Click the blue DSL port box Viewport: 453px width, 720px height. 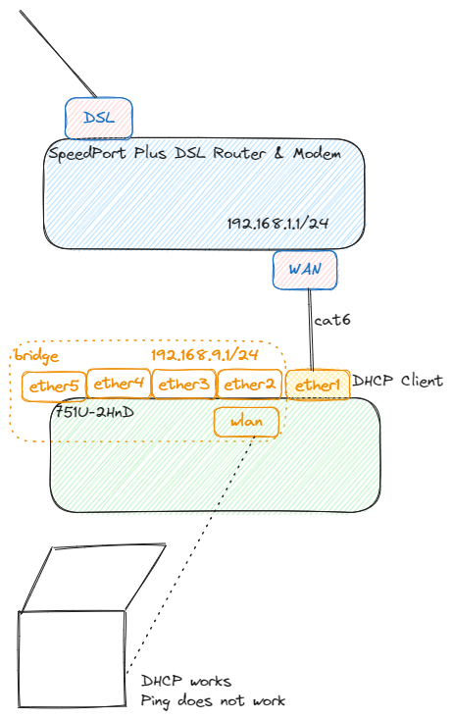(x=98, y=118)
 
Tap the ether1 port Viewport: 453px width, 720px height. (x=317, y=386)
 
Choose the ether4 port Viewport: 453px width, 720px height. (x=119, y=384)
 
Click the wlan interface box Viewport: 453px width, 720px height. (x=245, y=423)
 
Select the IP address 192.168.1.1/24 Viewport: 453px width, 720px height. (x=277, y=224)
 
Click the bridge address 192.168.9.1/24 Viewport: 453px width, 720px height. (x=204, y=354)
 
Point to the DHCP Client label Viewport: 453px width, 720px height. (x=397, y=381)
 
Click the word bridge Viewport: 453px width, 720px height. (x=36, y=355)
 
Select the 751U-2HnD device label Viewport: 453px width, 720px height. (x=93, y=411)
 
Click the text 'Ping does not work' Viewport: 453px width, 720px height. (x=213, y=700)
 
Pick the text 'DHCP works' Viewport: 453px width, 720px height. (x=185, y=681)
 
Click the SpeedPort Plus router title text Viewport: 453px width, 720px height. (x=194, y=154)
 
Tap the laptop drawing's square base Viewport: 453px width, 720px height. (x=72, y=658)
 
